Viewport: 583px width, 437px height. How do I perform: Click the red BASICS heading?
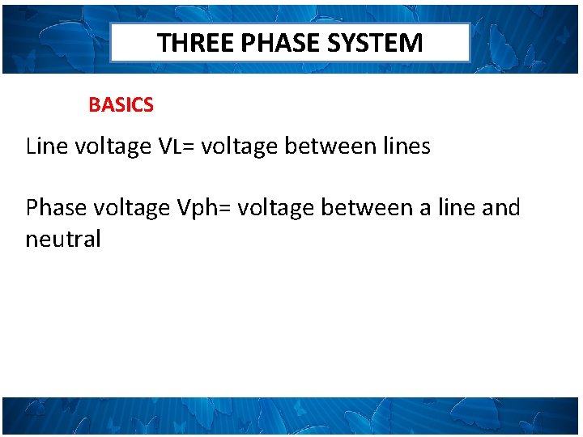pos(121,105)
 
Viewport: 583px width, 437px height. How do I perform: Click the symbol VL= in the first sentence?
pos(177,146)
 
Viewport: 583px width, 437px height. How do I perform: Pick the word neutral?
pos(63,240)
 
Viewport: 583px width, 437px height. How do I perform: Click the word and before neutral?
pos(500,208)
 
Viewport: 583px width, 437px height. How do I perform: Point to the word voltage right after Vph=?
pos(278,208)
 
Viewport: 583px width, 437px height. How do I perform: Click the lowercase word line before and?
pos(457,208)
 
